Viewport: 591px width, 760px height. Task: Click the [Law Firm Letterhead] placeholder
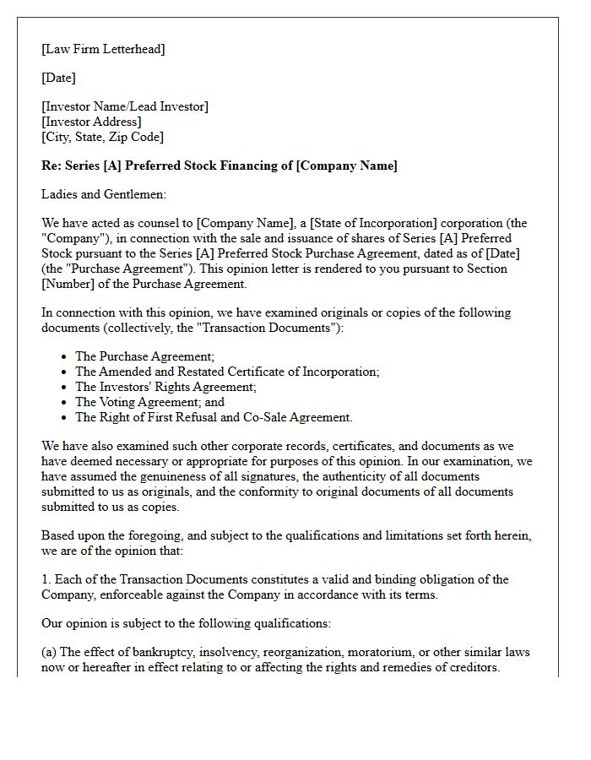(103, 49)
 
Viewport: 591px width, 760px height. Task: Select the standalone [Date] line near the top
(58, 78)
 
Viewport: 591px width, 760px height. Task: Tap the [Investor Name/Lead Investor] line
(125, 106)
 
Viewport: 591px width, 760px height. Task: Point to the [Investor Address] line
(92, 122)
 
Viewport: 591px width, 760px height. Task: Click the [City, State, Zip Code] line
(102, 137)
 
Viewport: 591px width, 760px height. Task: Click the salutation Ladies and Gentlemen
(104, 194)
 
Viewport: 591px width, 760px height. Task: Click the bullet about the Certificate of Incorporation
(227, 372)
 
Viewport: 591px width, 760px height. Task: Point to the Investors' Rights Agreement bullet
(165, 387)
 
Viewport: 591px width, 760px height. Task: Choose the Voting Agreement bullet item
(149, 402)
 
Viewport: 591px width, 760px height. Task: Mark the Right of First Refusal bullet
(214, 417)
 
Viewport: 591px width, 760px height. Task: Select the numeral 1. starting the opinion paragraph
(46, 579)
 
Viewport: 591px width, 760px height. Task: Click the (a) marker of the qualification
(50, 652)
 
